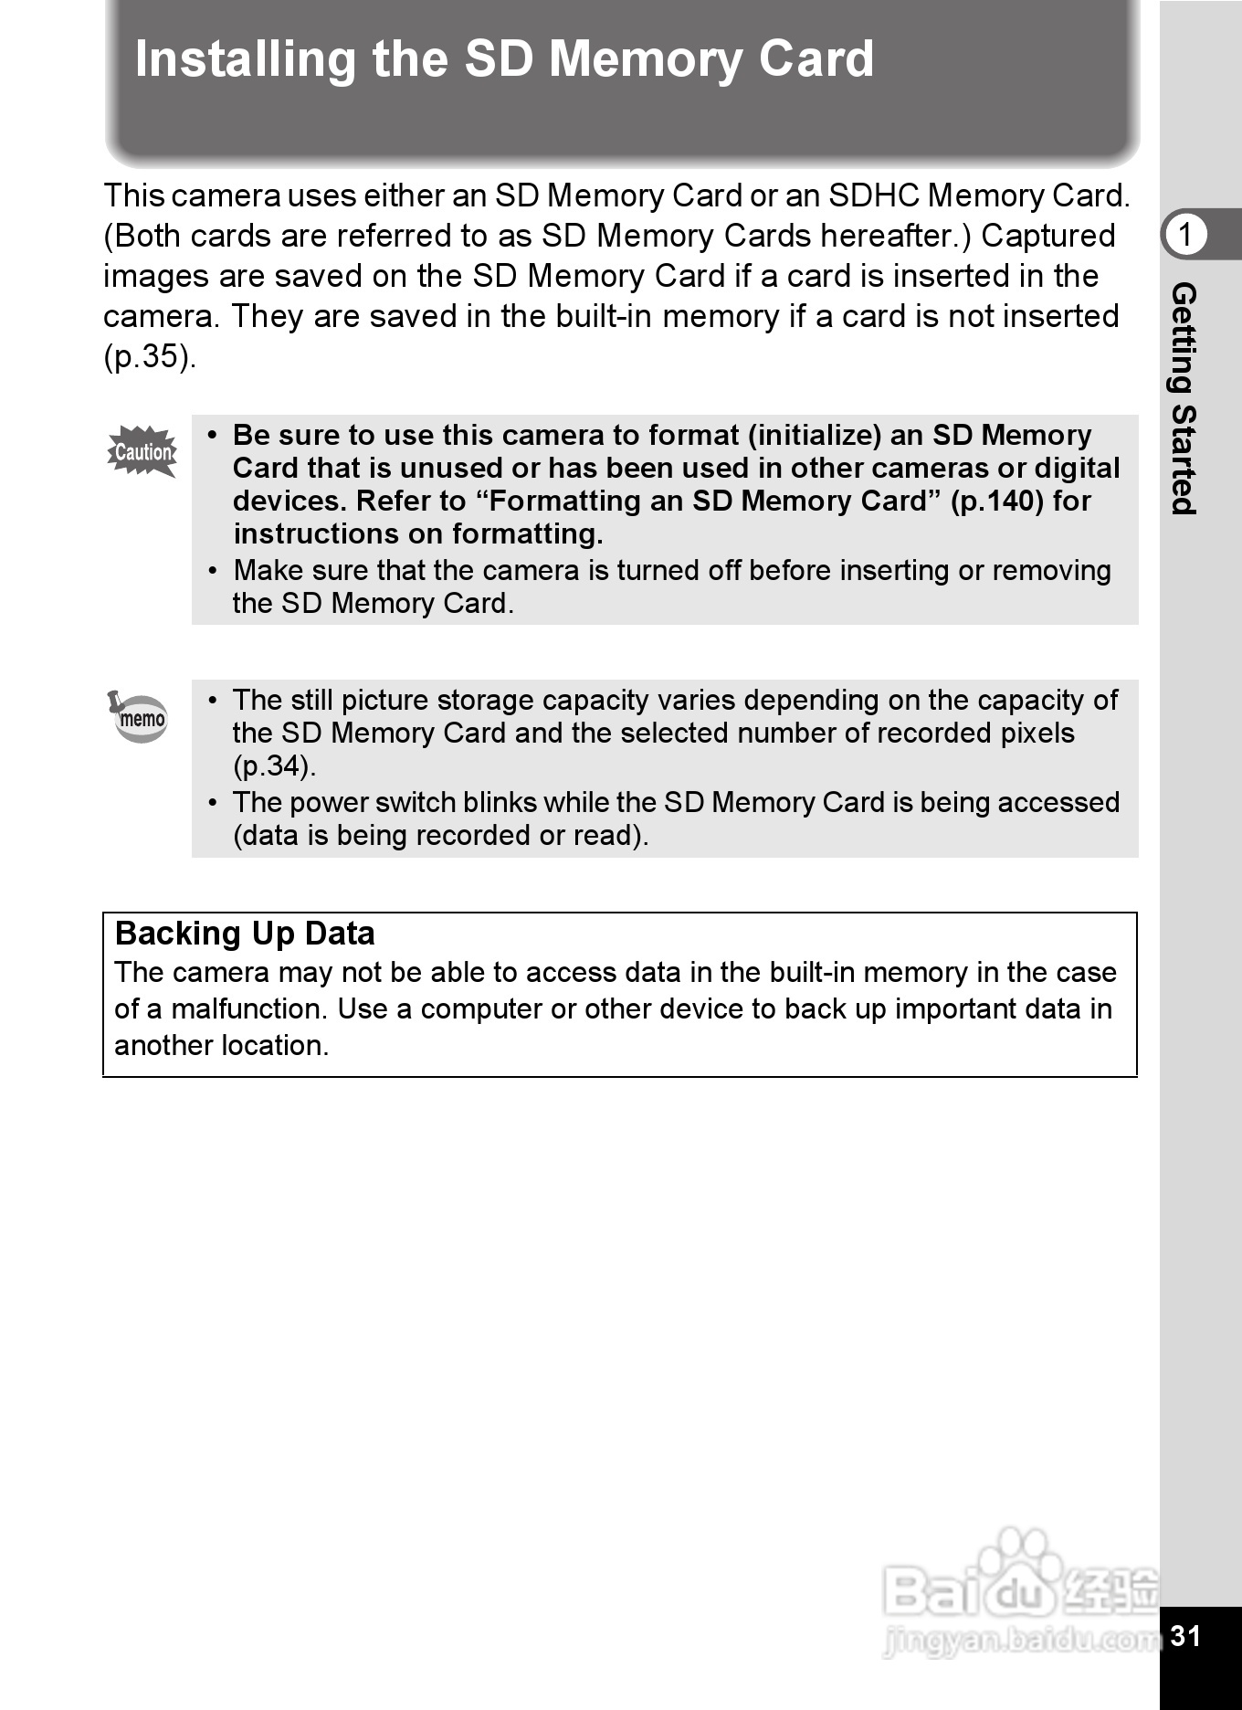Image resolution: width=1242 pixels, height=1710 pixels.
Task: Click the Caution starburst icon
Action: (x=142, y=451)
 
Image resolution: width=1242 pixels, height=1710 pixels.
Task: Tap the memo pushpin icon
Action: (x=139, y=717)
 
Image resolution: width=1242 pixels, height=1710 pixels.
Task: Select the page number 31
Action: (x=1185, y=1635)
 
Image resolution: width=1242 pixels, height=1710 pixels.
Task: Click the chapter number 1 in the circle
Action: (x=1185, y=235)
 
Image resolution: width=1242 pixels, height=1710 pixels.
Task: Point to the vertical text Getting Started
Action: (x=1184, y=398)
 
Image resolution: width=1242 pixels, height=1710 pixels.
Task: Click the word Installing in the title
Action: (x=245, y=59)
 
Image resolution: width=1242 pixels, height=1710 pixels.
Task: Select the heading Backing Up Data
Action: (x=245, y=934)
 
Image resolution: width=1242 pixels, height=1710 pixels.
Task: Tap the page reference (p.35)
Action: (x=149, y=356)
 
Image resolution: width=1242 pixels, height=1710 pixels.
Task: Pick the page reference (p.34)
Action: (x=274, y=765)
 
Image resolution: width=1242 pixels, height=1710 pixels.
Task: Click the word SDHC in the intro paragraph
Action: (x=873, y=195)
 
